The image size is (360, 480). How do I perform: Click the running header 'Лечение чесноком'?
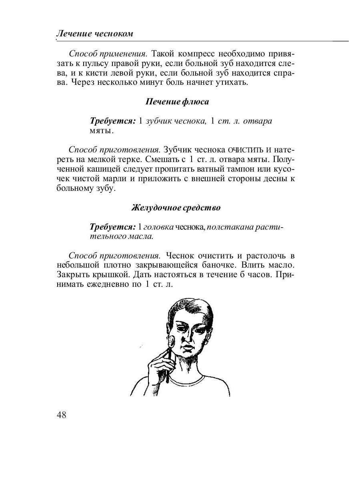point(94,34)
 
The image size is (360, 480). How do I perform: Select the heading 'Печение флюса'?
point(177,102)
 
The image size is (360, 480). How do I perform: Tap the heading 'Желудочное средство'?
point(176,208)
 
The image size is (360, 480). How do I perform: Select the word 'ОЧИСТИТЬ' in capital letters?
point(244,150)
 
